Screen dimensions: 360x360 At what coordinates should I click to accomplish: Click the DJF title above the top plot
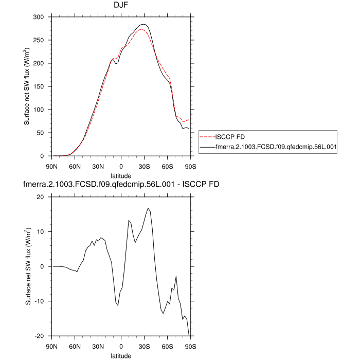[x=121, y=5]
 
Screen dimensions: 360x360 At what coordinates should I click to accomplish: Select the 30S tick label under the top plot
[x=145, y=166]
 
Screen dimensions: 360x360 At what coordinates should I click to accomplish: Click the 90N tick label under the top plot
[x=52, y=166]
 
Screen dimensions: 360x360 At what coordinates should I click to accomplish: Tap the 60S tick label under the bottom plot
[x=168, y=346]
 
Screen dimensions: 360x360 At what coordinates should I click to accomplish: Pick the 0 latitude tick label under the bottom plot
[x=121, y=346]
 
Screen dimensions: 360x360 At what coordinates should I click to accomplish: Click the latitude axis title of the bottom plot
[x=121, y=355]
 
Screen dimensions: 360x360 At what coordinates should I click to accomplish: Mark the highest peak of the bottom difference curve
[x=148, y=208]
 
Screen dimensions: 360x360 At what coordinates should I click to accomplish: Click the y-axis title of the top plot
[x=26, y=86]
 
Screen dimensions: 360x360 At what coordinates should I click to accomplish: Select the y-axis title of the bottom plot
[x=28, y=266]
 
